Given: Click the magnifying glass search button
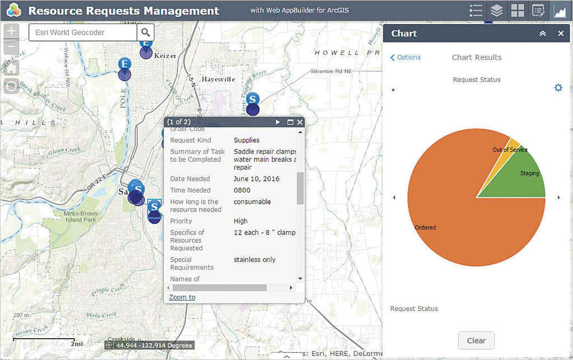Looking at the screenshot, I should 146,32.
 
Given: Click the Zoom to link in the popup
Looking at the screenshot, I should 182,297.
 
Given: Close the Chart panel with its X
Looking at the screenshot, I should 561,34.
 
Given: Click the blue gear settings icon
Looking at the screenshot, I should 558,88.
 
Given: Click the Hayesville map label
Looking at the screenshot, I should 219,80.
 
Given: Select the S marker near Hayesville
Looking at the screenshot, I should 253,99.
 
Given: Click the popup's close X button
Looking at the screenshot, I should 300,122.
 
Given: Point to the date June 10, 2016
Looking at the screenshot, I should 257,179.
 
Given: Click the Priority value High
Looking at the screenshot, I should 241,221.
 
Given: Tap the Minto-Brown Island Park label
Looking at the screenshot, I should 81,217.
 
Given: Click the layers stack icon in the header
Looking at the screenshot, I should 496,11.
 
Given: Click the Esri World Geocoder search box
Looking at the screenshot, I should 82,32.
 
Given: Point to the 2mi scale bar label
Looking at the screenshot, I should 77,344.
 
